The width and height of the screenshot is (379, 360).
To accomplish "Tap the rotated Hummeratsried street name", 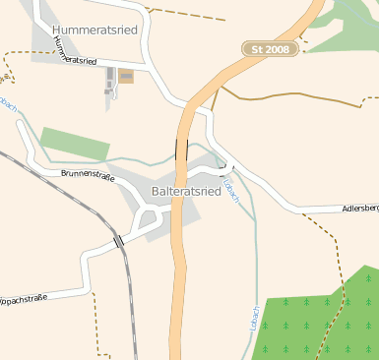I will point(76,55).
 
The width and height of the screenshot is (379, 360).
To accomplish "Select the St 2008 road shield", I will point(270,48).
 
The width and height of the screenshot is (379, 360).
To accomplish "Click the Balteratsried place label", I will point(186,191).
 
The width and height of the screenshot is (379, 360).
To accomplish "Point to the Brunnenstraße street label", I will point(87,177).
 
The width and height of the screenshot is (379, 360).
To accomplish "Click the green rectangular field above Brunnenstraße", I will point(75,144).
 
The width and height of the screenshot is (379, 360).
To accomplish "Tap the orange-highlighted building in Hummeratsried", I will point(126,76).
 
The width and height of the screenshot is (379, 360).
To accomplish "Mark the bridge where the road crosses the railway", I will point(118,241).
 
